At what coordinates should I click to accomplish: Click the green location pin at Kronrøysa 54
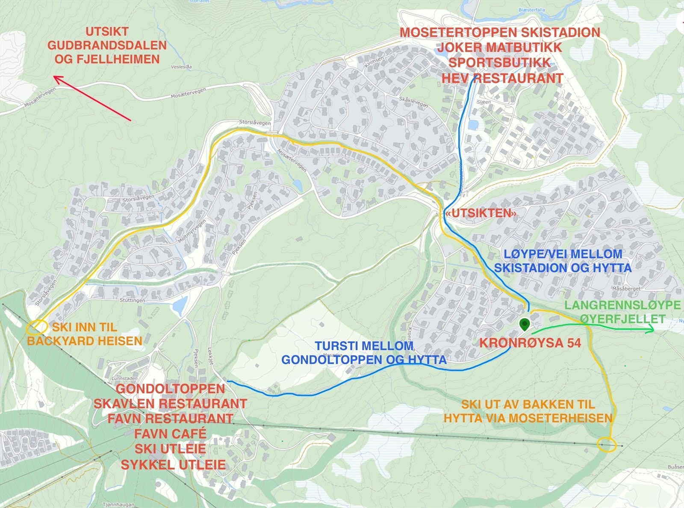525,324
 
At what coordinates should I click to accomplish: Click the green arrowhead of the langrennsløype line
651,328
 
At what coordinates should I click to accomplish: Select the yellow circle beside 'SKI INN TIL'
36,328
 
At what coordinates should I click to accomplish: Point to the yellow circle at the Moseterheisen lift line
607,444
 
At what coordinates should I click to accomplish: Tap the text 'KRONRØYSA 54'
530,343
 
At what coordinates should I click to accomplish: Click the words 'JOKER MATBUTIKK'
499,47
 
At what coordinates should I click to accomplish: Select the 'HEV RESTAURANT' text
502,78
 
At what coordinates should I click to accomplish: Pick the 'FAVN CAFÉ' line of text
170,434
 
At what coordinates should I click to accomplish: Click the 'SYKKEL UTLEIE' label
173,465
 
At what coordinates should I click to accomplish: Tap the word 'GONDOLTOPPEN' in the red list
170,389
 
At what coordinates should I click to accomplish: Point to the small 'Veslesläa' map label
181,67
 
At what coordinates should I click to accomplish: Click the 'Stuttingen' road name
132,300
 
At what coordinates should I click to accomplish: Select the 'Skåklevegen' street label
413,101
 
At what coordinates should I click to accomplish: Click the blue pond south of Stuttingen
180,305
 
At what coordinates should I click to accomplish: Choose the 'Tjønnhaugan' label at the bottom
118,505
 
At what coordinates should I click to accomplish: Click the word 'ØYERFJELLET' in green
622,319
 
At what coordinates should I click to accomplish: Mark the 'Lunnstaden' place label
124,378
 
